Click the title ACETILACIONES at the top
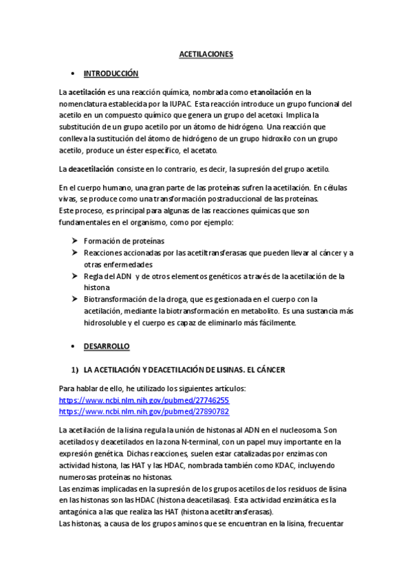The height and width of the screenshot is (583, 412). click(206, 53)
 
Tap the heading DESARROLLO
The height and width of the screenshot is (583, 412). click(107, 346)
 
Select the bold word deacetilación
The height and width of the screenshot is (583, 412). click(91, 168)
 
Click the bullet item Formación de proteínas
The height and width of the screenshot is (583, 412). click(124, 241)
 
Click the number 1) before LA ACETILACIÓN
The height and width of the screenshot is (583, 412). click(75, 369)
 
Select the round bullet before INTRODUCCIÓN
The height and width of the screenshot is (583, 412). click(73, 73)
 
